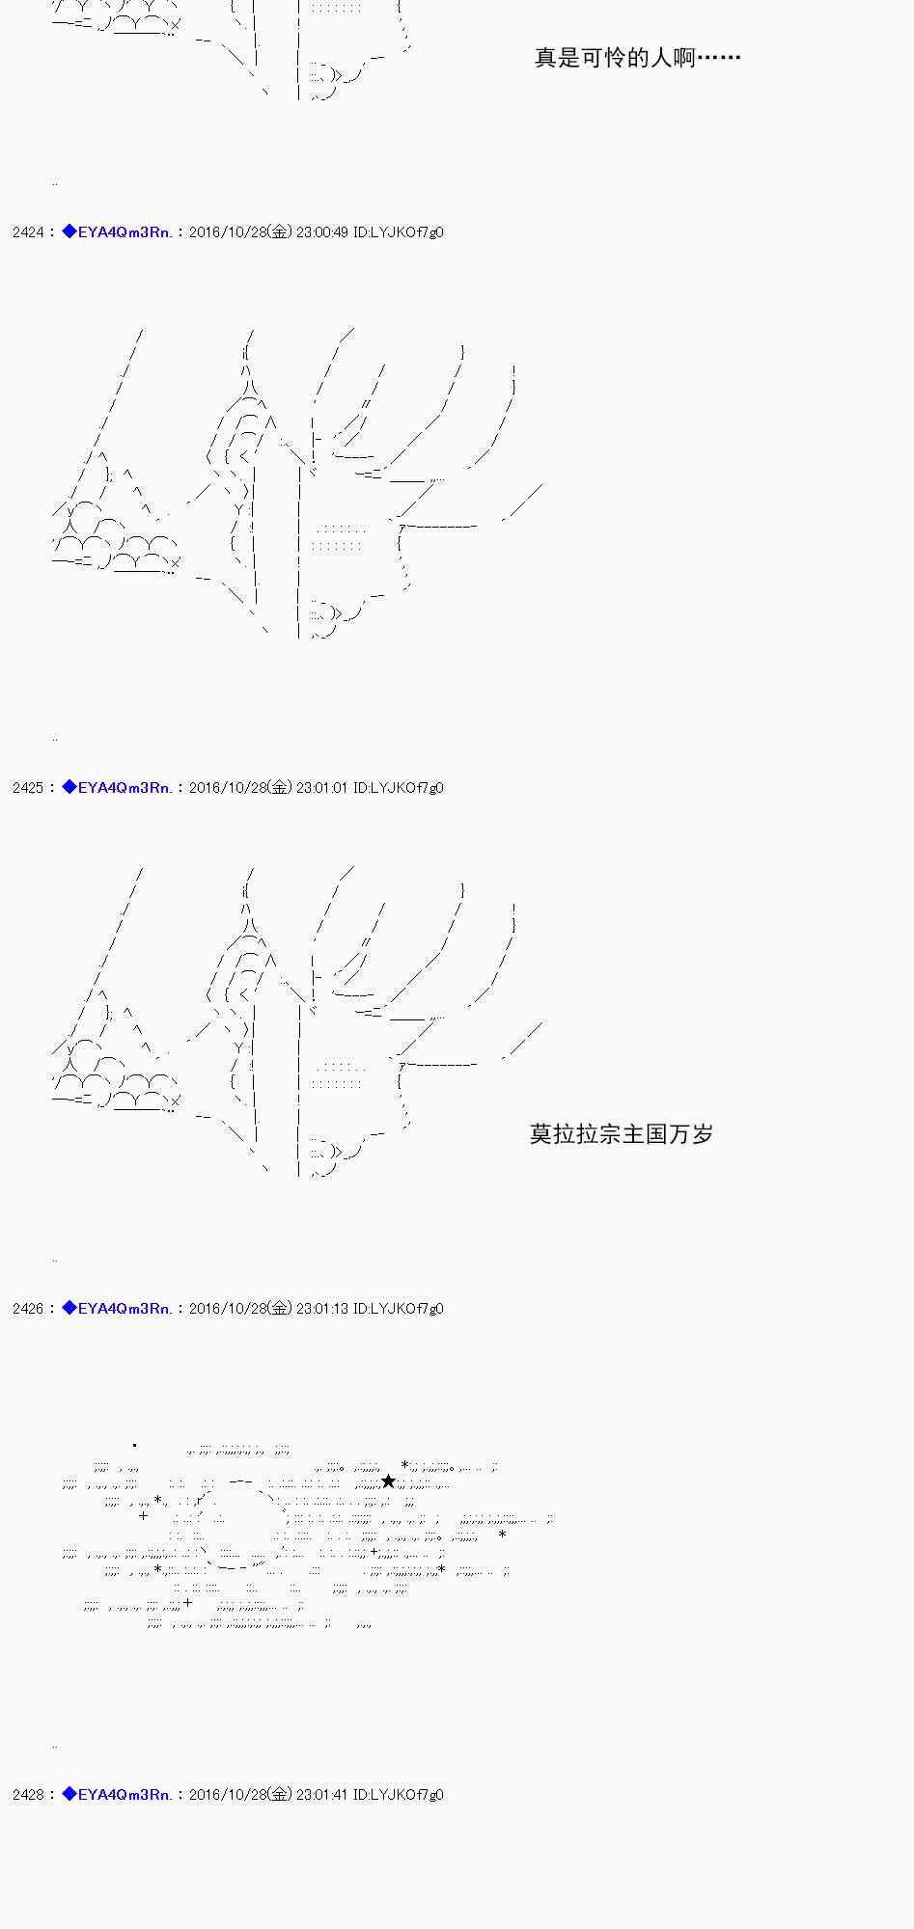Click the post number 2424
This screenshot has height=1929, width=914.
(28, 232)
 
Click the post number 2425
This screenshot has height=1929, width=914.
(28, 788)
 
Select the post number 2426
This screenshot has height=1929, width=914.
(28, 1309)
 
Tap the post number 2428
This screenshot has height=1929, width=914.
(28, 1795)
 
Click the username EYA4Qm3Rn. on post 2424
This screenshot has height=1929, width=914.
(125, 232)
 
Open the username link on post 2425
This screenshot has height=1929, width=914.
(125, 788)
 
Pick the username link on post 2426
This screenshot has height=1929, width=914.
(125, 1309)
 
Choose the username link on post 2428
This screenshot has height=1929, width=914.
(125, 1795)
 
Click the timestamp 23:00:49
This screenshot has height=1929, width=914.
(322, 232)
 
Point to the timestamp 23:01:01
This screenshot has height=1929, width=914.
(322, 788)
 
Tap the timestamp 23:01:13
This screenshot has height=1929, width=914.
(322, 1309)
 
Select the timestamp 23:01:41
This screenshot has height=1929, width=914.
(322, 1795)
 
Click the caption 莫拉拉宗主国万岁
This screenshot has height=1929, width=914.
(622, 1134)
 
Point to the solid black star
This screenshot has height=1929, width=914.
(388, 1481)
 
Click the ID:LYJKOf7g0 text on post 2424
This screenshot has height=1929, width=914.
(399, 232)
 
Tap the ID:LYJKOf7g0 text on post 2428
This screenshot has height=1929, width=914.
(399, 1795)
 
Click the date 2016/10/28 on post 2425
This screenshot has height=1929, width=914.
(228, 788)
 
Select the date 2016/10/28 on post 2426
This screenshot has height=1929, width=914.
(228, 1309)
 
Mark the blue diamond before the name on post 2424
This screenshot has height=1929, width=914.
(69, 231)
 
